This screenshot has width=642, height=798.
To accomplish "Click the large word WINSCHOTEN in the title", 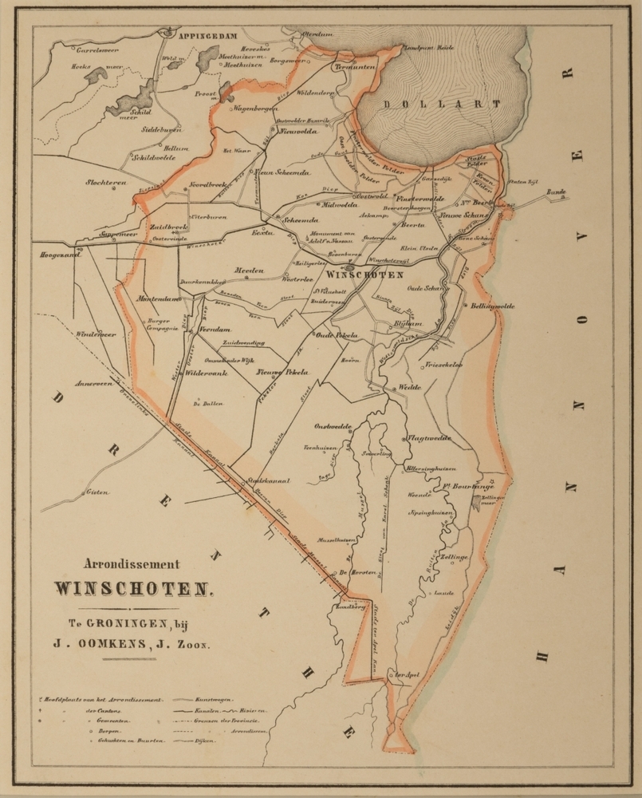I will (133, 589).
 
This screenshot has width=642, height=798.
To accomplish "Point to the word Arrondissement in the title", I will (133, 562).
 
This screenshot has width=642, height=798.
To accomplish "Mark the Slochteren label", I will (107, 183).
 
